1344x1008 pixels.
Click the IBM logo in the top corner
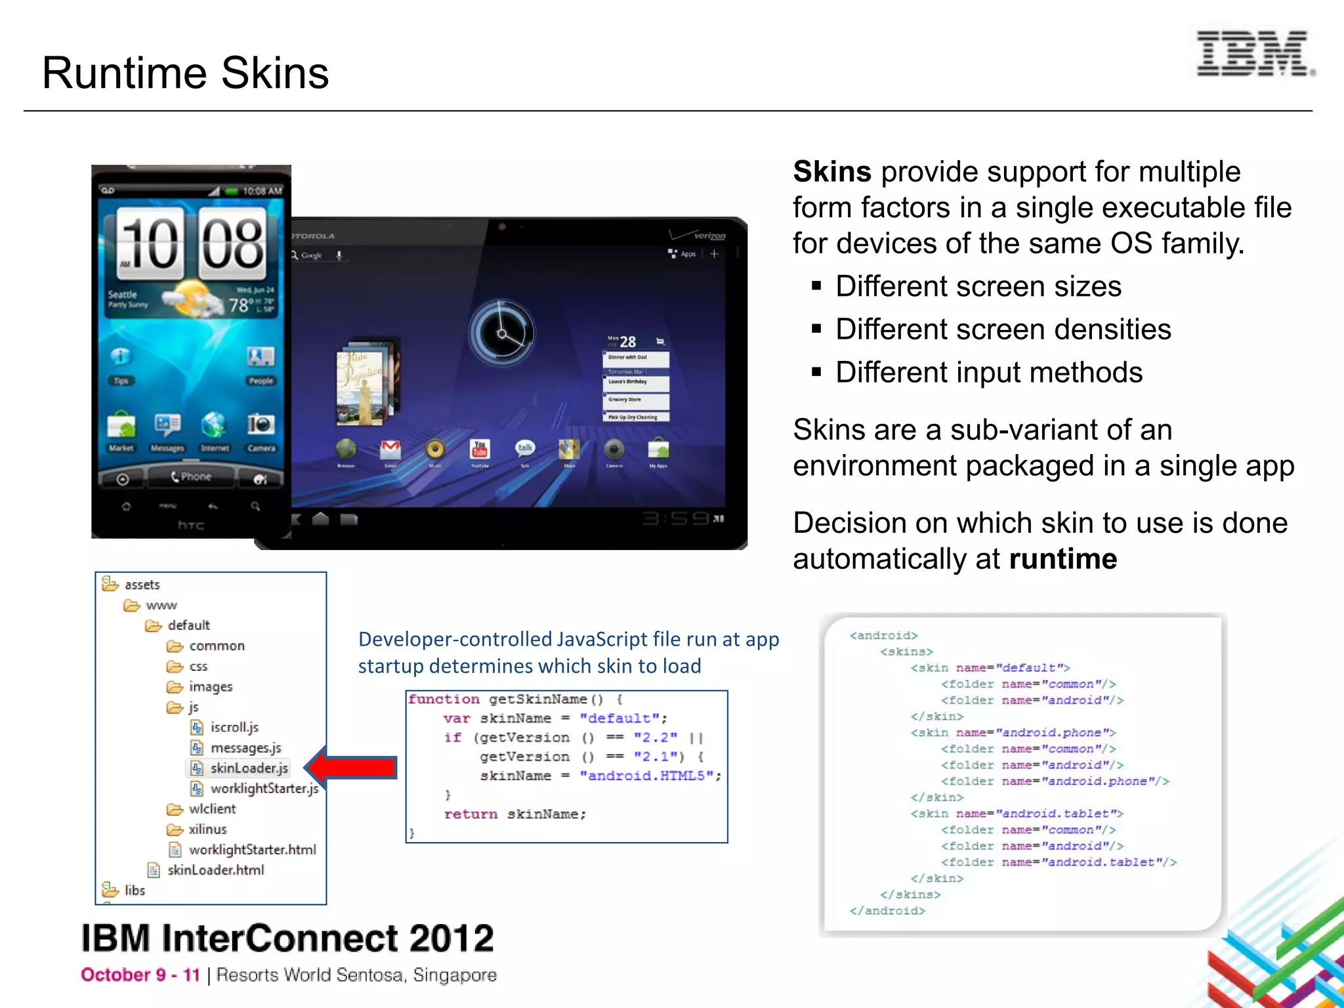[1254, 53]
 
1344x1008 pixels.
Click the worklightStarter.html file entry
[251, 850]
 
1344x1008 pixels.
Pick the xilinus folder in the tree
[207, 829]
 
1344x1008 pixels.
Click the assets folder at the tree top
[141, 585]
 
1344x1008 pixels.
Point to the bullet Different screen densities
[1002, 329]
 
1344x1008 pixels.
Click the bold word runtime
[1062, 559]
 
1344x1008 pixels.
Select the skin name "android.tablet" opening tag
[1016, 814]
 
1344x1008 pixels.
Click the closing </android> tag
[887, 911]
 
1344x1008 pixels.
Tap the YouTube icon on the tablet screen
[480, 450]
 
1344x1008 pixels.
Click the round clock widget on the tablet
[501, 333]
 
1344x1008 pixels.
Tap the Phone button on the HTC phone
[191, 476]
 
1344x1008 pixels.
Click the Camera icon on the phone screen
[261, 427]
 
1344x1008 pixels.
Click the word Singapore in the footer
[454, 975]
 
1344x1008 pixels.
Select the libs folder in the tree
[134, 891]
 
